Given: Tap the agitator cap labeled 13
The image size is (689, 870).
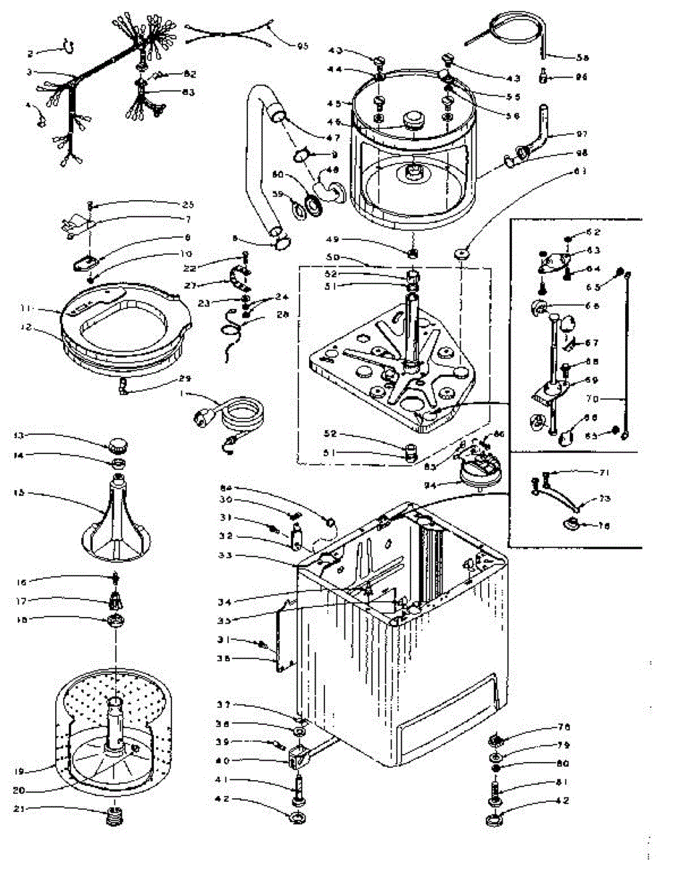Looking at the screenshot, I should point(118,444).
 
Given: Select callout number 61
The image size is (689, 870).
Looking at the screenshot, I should point(558,172).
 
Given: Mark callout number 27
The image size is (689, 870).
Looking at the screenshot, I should point(210,285).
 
